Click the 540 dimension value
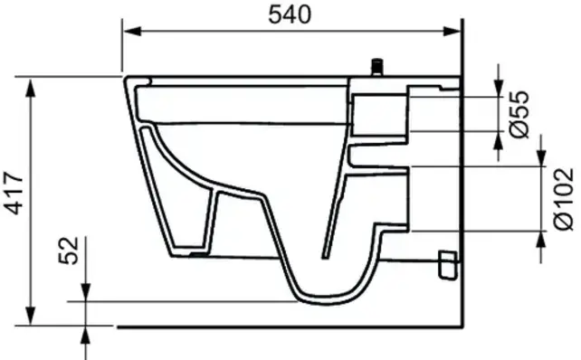290,14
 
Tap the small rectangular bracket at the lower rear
445,263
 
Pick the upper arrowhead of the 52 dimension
85,293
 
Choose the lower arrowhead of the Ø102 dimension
541,239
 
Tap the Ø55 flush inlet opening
407,112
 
